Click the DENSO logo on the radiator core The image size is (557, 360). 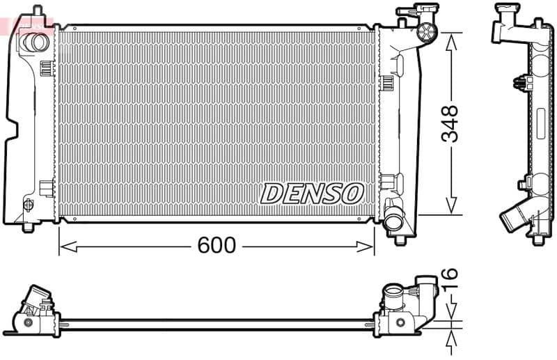pyautogui.click(x=312, y=194)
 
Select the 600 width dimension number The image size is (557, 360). pyautogui.click(x=217, y=245)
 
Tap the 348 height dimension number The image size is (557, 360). pyautogui.click(x=451, y=123)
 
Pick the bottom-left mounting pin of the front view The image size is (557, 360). pyautogui.click(x=28, y=227)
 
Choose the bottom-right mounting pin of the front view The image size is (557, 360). pyautogui.click(x=400, y=240)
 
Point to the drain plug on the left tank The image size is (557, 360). pyautogui.click(x=29, y=205)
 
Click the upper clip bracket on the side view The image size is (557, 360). pyautogui.click(x=519, y=82)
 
